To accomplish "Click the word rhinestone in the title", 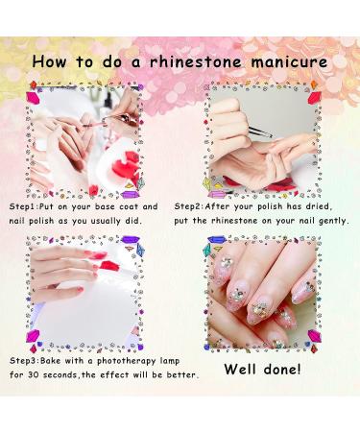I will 205,62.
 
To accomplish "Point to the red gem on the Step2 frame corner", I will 314,86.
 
